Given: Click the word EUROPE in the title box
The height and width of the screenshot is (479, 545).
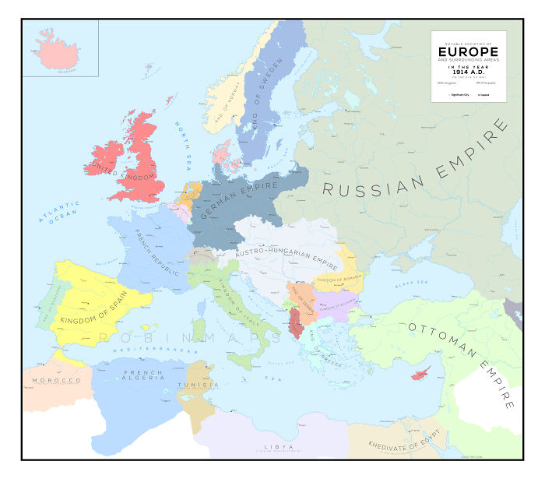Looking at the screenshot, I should point(468,52).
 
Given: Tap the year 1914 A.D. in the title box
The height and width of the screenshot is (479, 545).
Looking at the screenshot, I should point(468,72).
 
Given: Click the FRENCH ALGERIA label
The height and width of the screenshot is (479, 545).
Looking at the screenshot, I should point(143,378).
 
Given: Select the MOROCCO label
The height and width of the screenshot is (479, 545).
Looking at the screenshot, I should point(56,380).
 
